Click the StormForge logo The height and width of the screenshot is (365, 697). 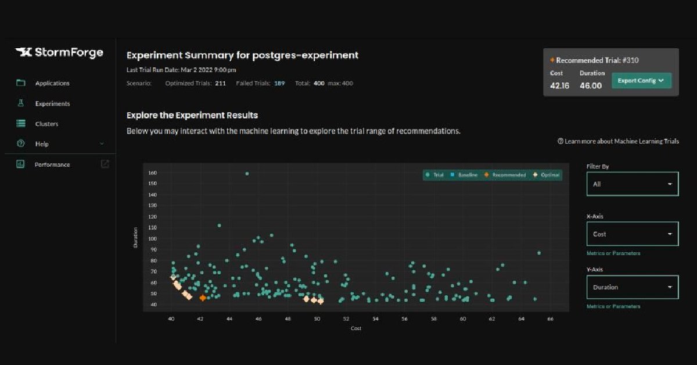[x=59, y=53]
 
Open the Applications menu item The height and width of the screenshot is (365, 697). [x=52, y=83]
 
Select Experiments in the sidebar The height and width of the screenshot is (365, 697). [x=52, y=103]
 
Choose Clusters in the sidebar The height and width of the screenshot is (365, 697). [x=46, y=124]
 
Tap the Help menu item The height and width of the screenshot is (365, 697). [x=41, y=144]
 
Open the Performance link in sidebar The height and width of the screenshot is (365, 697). [x=52, y=164]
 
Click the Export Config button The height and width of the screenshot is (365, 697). [x=641, y=81]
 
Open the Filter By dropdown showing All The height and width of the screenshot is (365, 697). [x=632, y=184]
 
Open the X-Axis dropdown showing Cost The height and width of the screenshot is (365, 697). [x=632, y=234]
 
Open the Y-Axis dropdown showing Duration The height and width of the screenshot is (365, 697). [x=632, y=287]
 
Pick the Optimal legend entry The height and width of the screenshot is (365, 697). [x=548, y=175]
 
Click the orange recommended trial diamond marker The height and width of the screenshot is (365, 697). [x=203, y=298]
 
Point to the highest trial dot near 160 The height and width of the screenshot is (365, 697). [x=247, y=173]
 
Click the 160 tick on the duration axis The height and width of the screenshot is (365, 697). [x=153, y=173]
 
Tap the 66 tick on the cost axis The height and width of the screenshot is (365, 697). [x=550, y=319]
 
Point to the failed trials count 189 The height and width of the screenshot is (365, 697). [x=279, y=83]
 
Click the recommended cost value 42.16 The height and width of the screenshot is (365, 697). [x=559, y=85]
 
